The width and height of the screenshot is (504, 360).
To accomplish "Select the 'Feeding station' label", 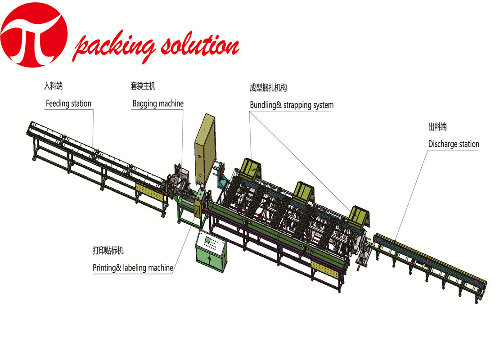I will pyautogui.click(x=68, y=103).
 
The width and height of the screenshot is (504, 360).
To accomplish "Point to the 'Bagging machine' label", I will pyautogui.click(x=158, y=103).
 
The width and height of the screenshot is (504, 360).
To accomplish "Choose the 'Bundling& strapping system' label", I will pyautogui.click(x=292, y=105).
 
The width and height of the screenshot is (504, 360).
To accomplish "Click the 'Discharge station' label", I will pyautogui.click(x=454, y=144).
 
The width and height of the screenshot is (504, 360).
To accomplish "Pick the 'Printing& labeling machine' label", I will pyautogui.click(x=133, y=268).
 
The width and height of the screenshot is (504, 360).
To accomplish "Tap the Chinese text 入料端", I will pyautogui.click(x=53, y=85).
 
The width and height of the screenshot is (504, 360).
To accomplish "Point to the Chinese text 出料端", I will pyautogui.click(x=437, y=127).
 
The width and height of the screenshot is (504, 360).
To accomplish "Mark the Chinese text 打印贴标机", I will pyautogui.click(x=108, y=250).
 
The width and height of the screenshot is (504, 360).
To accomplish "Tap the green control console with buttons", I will pyautogui.click(x=210, y=252).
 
